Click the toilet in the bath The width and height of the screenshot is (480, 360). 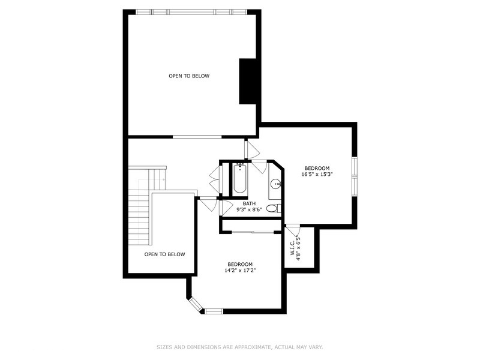click(272, 209)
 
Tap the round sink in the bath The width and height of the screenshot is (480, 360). click(275, 184)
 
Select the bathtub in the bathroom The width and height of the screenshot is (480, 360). click(239, 178)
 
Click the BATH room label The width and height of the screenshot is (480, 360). click(249, 203)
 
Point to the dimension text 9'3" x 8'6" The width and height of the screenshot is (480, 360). click(249, 210)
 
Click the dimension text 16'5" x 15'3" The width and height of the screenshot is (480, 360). click(317, 175)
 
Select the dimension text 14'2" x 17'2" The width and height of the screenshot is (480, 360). click(239, 271)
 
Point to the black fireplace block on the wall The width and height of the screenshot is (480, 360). click(248, 82)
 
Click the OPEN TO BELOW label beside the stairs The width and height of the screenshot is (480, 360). click(164, 254)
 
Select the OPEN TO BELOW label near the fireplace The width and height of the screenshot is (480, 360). click(188, 76)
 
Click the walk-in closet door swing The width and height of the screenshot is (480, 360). click(292, 232)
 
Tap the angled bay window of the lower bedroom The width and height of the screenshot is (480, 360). click(196, 304)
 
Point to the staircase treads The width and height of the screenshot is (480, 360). click(139, 216)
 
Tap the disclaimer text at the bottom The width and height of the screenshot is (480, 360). click(239, 347)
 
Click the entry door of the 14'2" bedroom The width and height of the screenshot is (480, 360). click(208, 204)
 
